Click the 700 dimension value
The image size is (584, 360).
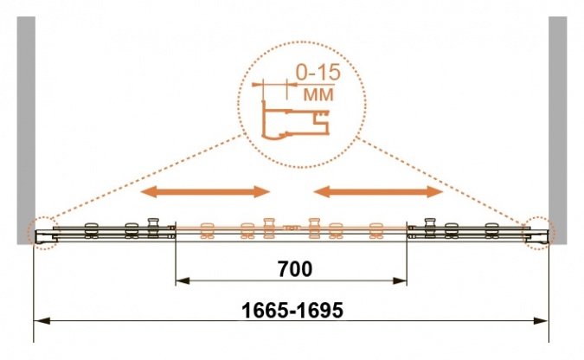click(295, 269)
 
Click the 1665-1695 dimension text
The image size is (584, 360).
click(292, 310)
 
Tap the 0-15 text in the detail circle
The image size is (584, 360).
click(318, 73)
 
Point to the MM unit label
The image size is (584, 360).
click(318, 94)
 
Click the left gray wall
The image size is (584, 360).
click(26, 130)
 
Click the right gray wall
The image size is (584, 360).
click(557, 130)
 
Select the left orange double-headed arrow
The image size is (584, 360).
click(205, 192)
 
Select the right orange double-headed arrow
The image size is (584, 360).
click(378, 192)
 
